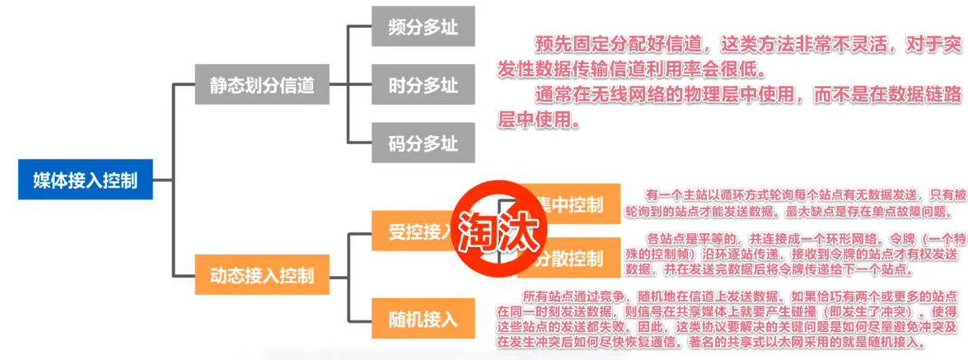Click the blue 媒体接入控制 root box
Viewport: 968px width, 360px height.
pos(85,180)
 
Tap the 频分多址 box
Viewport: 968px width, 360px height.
pos(423,27)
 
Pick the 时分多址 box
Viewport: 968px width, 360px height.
pos(423,84)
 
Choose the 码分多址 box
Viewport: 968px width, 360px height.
pos(423,144)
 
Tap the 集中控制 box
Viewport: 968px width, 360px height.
pos(568,204)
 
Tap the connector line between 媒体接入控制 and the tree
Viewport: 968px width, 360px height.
pos(163,180)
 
